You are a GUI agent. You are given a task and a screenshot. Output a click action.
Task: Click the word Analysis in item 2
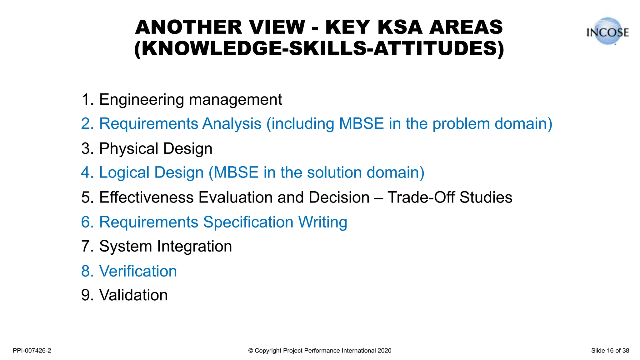232,124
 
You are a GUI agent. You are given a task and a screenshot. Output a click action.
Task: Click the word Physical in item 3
129,149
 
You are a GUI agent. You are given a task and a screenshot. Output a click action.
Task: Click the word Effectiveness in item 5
146,197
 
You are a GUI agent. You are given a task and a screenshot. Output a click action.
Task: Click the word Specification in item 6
248,222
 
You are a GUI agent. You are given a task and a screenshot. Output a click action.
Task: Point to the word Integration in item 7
194,246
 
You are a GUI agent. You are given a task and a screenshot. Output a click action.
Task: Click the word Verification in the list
138,271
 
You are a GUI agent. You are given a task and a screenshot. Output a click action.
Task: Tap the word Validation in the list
133,295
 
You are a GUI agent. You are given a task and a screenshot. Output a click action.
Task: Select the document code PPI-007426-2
32,351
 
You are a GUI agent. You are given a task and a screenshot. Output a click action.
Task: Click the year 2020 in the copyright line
384,351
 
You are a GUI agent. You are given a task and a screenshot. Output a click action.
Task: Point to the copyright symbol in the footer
251,351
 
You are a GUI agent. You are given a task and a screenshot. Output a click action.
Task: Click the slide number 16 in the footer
610,351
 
